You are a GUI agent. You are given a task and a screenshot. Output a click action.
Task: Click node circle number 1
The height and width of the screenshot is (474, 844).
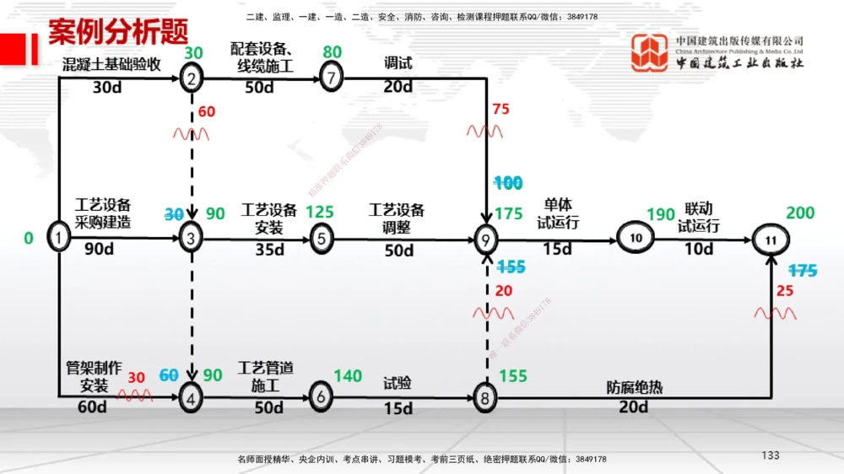(58, 239)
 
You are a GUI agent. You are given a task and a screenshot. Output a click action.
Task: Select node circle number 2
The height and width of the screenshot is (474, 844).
(192, 78)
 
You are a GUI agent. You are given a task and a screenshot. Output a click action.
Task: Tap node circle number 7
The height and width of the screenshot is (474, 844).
(332, 78)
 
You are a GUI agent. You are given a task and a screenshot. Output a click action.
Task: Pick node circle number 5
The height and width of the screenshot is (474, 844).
(321, 239)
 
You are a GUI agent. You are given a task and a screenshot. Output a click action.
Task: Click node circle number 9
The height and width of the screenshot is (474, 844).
(486, 240)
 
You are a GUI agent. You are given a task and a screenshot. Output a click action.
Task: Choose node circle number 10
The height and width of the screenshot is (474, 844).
(636, 239)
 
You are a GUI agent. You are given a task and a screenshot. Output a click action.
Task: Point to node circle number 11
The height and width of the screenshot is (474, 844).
(770, 240)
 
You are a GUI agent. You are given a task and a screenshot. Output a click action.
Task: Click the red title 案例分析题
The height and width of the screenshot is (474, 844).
(117, 31)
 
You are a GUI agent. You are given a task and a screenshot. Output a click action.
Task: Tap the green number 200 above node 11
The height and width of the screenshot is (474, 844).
(800, 213)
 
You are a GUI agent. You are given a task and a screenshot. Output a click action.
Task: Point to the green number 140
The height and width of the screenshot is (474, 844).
(349, 376)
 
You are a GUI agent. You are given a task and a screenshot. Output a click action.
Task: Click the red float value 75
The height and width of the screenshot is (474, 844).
(500, 109)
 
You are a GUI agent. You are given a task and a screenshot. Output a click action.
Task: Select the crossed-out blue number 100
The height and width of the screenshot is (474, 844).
(508, 183)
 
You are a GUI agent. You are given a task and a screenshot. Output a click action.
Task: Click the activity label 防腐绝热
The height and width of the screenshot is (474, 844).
(634, 388)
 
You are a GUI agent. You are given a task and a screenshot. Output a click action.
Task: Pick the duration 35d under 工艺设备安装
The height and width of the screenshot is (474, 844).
(269, 250)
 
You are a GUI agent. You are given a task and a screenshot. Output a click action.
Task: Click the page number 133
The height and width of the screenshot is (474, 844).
(770, 455)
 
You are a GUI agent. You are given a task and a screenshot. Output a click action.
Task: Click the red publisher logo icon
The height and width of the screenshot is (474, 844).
(650, 52)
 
